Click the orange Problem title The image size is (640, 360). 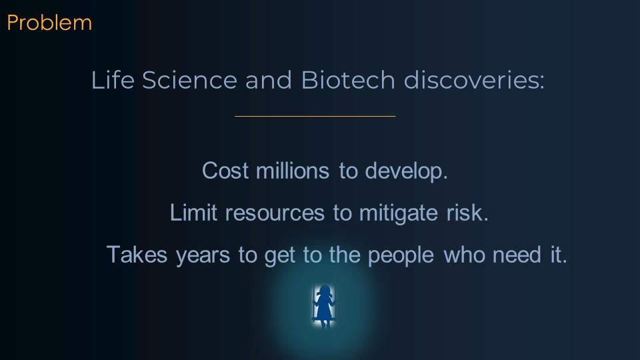click(x=49, y=23)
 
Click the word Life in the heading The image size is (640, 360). click(x=113, y=79)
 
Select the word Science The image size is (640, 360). click(x=189, y=79)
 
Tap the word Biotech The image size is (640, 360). click(x=348, y=79)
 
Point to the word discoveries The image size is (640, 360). click(x=474, y=79)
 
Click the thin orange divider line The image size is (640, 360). click(x=315, y=116)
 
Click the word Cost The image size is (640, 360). click(x=225, y=171)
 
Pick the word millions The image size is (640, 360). click(x=292, y=171)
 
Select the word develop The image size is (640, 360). click(x=406, y=171)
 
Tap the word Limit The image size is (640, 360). click(x=193, y=213)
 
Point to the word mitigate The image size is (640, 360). click(x=399, y=213)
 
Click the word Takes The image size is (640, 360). click(x=137, y=255)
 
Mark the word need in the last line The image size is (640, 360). click(x=517, y=255)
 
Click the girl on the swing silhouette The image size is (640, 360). click(x=324, y=306)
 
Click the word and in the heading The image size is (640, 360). click(x=269, y=79)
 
